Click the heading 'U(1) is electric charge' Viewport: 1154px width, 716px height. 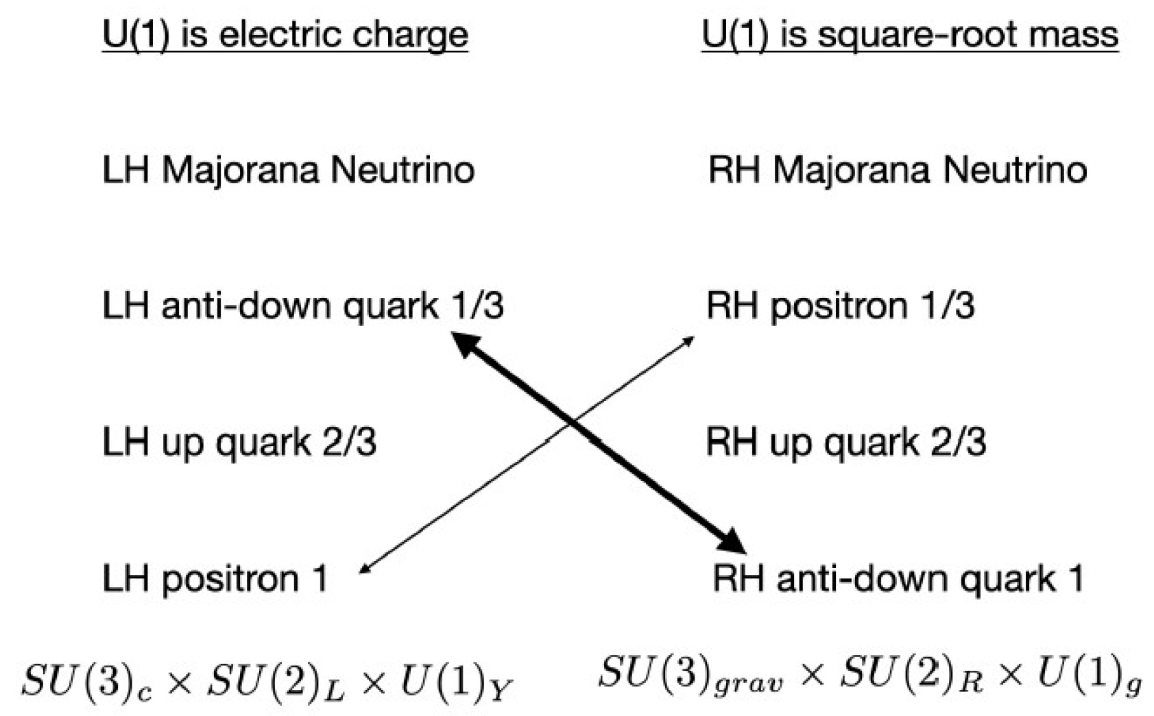click(x=285, y=34)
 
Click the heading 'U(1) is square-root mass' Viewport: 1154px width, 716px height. click(x=910, y=34)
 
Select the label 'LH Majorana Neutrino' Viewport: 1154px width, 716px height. click(x=288, y=170)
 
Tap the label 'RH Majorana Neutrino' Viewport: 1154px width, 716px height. click(x=897, y=170)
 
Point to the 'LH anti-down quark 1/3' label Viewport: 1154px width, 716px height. click(x=302, y=306)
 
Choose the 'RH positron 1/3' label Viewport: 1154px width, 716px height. click(x=840, y=306)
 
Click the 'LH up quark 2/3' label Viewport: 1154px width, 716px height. click(x=239, y=442)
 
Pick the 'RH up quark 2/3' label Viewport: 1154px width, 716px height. click(x=845, y=442)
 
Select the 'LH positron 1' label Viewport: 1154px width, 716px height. click(x=215, y=578)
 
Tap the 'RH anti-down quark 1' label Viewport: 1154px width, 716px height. click(x=898, y=578)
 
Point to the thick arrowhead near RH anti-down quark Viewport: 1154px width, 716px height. click(x=732, y=543)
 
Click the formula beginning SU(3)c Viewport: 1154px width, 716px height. click(x=267, y=682)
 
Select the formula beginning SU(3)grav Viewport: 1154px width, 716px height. click(x=869, y=675)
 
